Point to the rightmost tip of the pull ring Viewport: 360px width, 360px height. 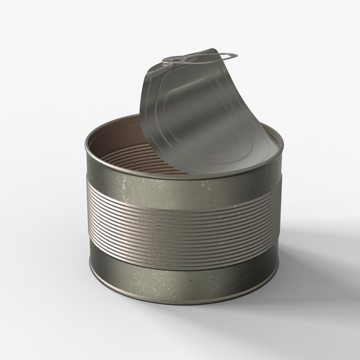click(x=237, y=55)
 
